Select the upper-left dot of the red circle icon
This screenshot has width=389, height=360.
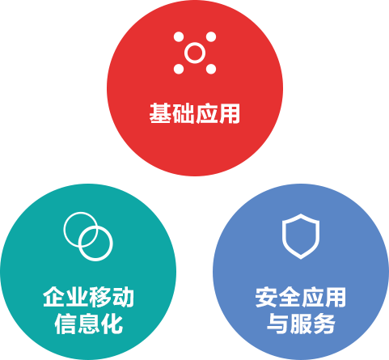(179, 37)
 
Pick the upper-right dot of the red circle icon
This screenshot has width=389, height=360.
(211, 37)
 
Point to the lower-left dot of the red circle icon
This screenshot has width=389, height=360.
(179, 69)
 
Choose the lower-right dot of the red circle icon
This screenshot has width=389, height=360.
(211, 69)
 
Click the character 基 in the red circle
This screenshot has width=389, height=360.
(160, 113)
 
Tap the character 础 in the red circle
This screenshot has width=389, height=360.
(183, 113)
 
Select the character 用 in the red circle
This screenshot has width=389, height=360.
(229, 113)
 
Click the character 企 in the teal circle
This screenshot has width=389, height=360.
(54, 297)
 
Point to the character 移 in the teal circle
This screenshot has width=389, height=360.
(100, 297)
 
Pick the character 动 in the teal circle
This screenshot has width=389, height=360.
(123, 297)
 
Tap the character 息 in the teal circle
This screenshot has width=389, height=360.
(89, 324)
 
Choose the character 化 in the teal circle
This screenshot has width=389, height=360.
(112, 324)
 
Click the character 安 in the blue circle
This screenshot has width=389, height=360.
(266, 297)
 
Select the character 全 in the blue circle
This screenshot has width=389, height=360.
(290, 297)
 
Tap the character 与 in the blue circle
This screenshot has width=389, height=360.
(278, 324)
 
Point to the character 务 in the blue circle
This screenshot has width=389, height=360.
(323, 324)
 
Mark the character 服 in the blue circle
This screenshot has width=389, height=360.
(301, 324)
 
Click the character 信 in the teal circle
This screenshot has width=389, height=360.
(66, 324)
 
